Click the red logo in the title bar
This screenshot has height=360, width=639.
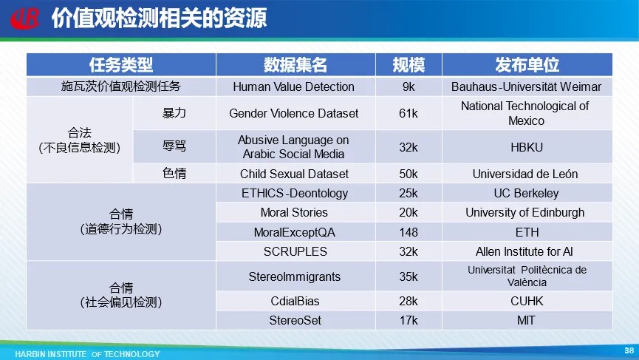point(25,18)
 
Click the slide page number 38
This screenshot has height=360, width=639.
point(629,350)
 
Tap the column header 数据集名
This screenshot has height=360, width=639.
point(295,65)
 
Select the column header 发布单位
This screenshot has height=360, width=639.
point(527,65)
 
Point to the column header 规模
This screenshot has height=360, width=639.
point(409,65)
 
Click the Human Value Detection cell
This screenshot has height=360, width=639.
point(293,86)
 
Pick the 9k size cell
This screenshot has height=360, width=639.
point(409,86)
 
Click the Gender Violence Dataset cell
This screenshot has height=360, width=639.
point(293,113)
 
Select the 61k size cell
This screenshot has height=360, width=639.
point(409,113)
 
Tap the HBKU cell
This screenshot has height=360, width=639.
point(527,147)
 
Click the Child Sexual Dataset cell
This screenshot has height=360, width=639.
point(294,174)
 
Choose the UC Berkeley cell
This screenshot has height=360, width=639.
point(526,193)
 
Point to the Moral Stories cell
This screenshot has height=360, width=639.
point(294,212)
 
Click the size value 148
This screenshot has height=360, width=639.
point(409,232)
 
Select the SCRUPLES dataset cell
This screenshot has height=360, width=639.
point(295,251)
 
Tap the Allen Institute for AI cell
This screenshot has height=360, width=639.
point(524,251)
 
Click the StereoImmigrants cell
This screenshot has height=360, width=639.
point(294,276)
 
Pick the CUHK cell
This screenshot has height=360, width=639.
point(527,301)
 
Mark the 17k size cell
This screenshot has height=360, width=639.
point(409,321)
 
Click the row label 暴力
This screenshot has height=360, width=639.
point(174,113)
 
